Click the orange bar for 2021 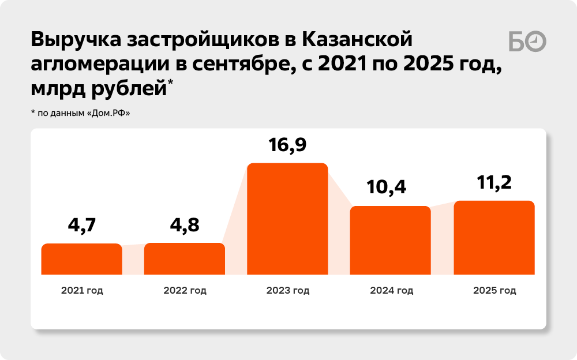pos(81,259)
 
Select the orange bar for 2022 pos(185,258)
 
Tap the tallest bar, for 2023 pos(287,219)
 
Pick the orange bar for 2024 pos(391,240)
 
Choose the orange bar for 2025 pos(494,238)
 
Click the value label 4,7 pos(82,225)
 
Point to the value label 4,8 pos(185,224)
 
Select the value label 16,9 pos(287,144)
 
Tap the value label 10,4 pos(391,186)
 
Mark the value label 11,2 pos(494,182)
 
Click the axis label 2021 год pos(82,290)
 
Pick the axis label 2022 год pos(185,290)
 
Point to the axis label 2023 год pos(287,290)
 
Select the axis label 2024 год pos(391,290)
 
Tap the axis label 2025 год pos(494,290)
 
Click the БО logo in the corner pos(527,42)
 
